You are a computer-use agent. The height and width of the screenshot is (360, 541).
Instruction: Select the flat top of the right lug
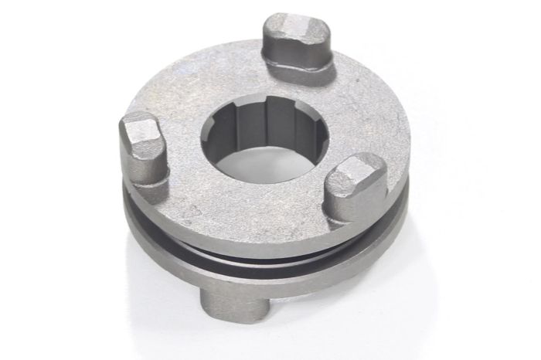(x=356, y=171)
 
